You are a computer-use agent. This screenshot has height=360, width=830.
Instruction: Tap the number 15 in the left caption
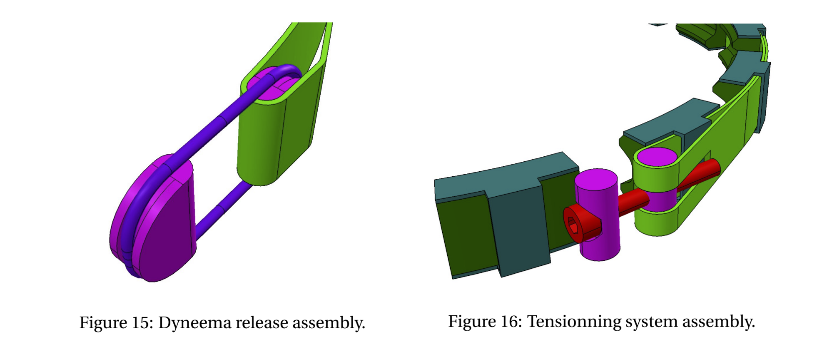pos(140,322)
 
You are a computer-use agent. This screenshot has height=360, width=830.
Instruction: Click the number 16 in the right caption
pos(509,321)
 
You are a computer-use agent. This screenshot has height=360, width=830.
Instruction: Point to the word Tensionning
pos(574,322)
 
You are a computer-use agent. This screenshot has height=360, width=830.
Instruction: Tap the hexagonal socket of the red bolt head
pos(573,225)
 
